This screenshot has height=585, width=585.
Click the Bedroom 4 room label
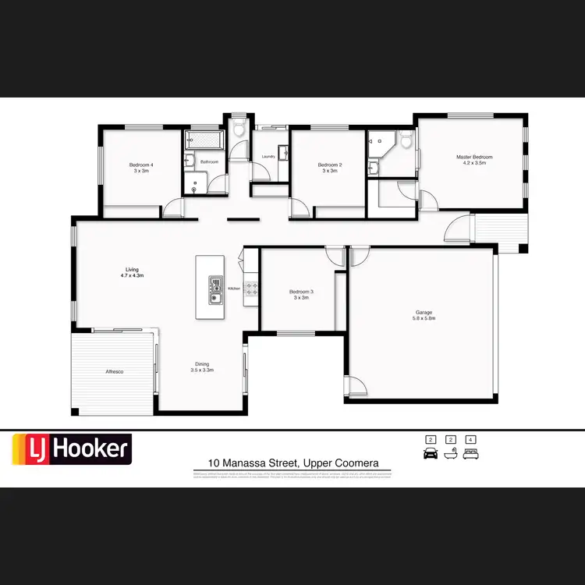pyautogui.click(x=141, y=167)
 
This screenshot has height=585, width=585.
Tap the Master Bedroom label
pyautogui.click(x=474, y=160)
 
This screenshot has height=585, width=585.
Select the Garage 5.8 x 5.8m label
pyautogui.click(x=424, y=316)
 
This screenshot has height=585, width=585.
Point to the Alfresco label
pyautogui.click(x=115, y=372)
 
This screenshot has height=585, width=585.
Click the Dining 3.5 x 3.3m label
pyautogui.click(x=202, y=367)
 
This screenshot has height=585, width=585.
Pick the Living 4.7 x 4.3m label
pyautogui.click(x=132, y=272)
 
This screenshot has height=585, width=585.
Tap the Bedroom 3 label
pyautogui.click(x=303, y=294)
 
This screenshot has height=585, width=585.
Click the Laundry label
pyautogui.click(x=269, y=155)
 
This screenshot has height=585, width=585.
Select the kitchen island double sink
pyautogui.click(x=214, y=289)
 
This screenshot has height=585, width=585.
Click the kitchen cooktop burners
pyautogui.click(x=252, y=289)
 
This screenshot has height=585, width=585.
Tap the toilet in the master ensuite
pyautogui.click(x=404, y=140)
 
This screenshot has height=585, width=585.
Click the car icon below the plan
pyautogui.click(x=430, y=453)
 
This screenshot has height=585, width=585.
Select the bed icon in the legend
pyautogui.click(x=470, y=453)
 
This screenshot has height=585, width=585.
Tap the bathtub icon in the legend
pyautogui.click(x=450, y=453)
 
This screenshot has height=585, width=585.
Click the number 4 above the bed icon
pyautogui.click(x=470, y=439)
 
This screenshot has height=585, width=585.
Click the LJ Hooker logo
pyautogui.click(x=71, y=449)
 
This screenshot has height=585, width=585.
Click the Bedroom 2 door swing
pyautogui.click(x=299, y=207)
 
